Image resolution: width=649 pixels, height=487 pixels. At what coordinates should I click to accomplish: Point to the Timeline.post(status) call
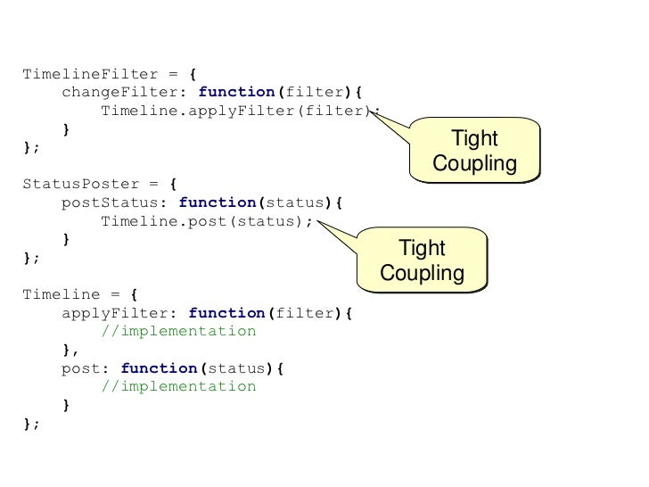pos(206,221)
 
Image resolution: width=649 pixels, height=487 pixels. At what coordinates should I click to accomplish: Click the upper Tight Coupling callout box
pos(474,152)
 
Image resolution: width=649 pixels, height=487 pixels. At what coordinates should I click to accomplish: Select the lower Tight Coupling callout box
pos(422,261)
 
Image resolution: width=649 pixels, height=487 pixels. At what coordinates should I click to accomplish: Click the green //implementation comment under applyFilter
pos(178,332)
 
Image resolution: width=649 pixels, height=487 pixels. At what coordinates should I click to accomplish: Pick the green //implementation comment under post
pos(178,387)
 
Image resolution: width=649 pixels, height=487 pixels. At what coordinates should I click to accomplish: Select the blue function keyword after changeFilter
pos(236,92)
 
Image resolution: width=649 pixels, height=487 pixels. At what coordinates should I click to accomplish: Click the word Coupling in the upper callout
pos(474,165)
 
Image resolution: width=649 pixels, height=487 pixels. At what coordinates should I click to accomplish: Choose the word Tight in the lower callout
pos(422,249)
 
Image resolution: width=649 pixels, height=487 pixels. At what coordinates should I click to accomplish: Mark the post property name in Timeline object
pos(78,368)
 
